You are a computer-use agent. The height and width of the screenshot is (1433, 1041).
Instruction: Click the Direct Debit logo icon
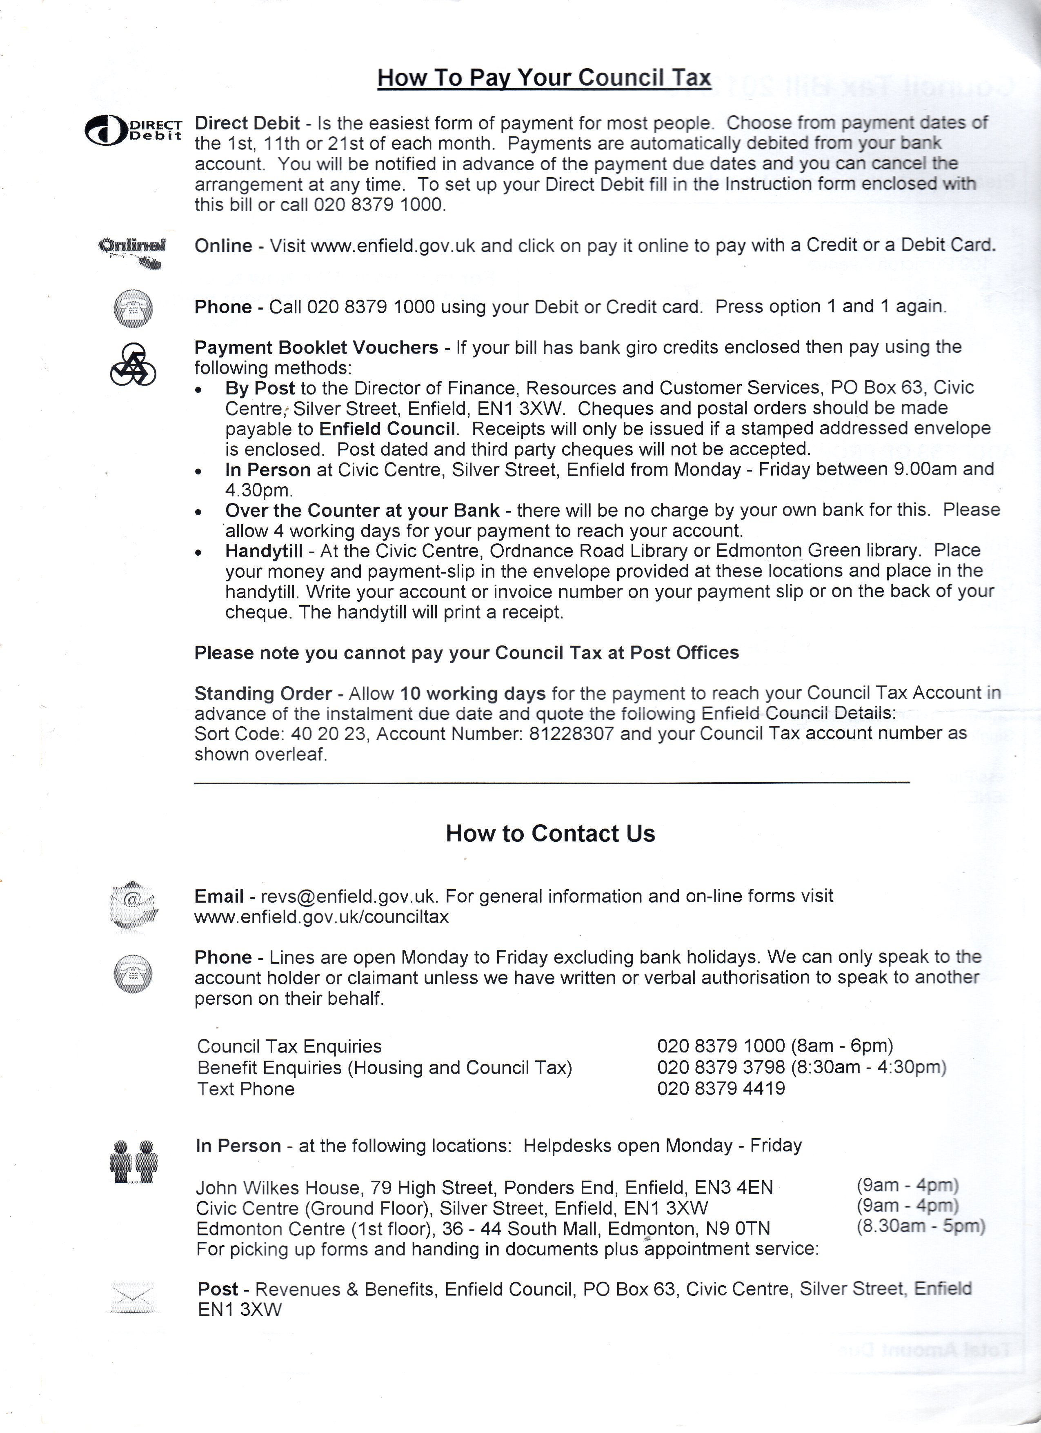pyautogui.click(x=133, y=130)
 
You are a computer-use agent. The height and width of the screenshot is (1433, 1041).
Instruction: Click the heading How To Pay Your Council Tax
pyautogui.click(x=544, y=78)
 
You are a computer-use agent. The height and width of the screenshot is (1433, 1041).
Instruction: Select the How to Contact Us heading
pyautogui.click(x=550, y=833)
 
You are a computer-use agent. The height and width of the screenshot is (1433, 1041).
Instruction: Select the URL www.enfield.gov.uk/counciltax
pyautogui.click(x=322, y=917)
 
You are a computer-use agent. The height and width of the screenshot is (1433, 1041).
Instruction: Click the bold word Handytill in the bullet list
pyautogui.click(x=264, y=551)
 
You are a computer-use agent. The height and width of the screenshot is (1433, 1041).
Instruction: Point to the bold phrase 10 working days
pyautogui.click(x=472, y=693)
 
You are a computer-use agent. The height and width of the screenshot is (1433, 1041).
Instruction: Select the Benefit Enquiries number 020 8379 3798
pyautogui.click(x=721, y=1067)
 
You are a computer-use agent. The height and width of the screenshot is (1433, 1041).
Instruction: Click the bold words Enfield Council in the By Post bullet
pyautogui.click(x=387, y=429)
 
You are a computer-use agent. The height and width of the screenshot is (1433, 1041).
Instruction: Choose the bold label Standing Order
pyautogui.click(x=263, y=693)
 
